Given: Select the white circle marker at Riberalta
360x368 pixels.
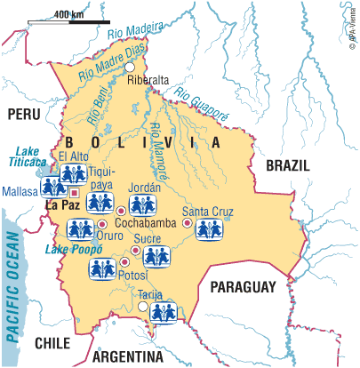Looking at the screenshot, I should click(x=130, y=67).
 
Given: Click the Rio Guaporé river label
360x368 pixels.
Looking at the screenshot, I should click(x=201, y=101).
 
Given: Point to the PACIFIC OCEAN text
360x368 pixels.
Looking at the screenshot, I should click(x=12, y=284).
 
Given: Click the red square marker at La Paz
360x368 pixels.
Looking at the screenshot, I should click(x=76, y=191).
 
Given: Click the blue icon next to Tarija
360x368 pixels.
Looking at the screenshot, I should click(x=164, y=312).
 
